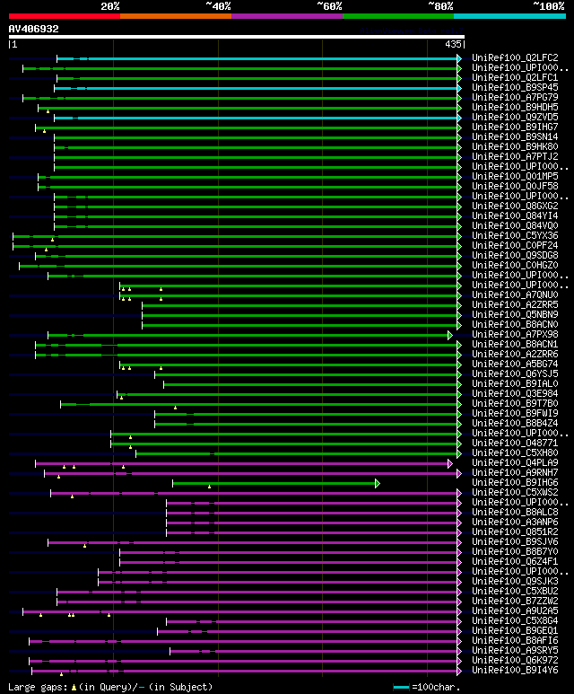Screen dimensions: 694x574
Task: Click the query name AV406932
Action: point(34,29)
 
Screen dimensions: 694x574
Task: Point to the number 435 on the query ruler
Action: point(453,44)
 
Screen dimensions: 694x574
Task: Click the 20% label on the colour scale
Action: point(110,6)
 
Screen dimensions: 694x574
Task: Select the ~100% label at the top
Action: point(548,6)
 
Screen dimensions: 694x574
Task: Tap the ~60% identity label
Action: point(329,6)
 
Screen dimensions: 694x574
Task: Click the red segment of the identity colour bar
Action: point(64,15)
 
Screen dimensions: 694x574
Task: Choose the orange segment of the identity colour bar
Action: point(175,15)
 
